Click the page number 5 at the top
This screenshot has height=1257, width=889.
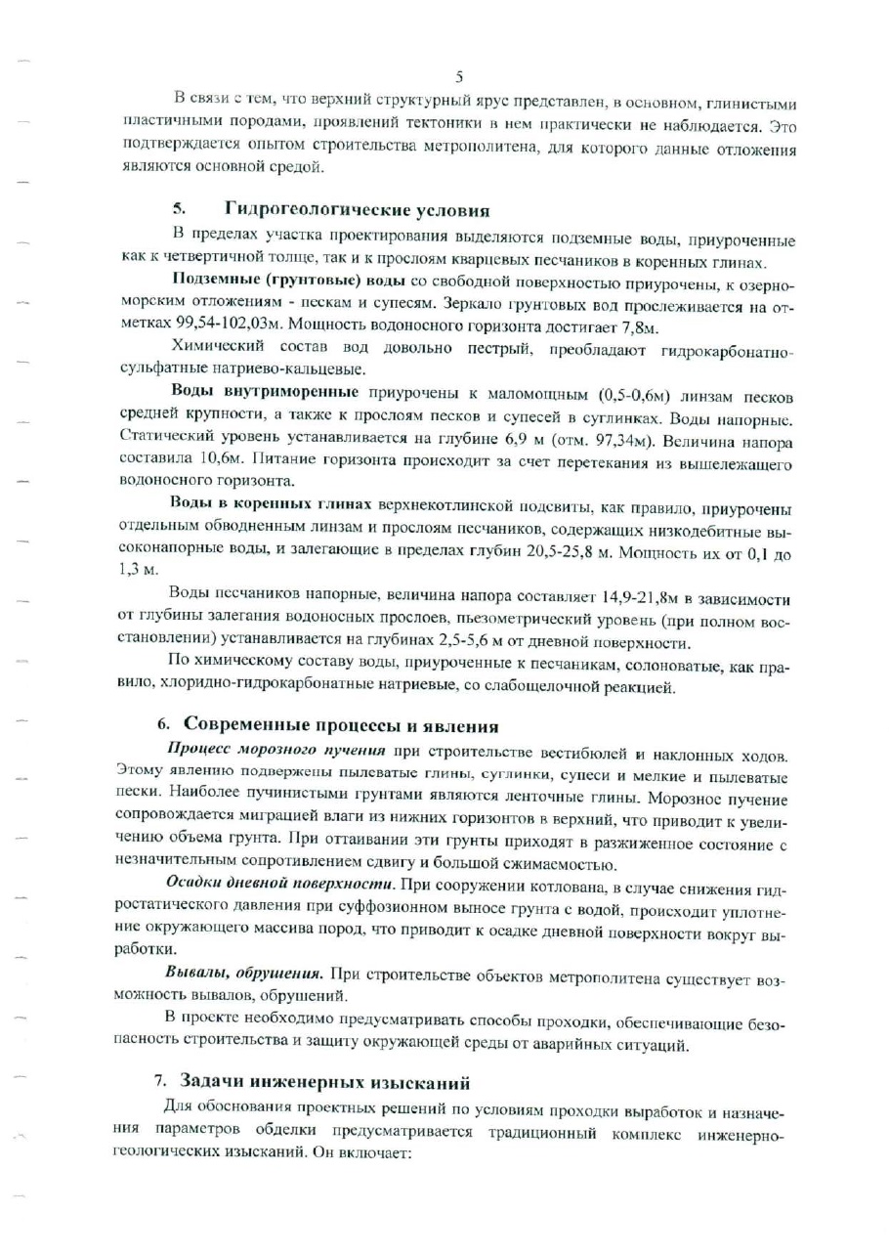coord(458,76)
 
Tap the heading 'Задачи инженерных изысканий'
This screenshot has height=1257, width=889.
coord(325,1082)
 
